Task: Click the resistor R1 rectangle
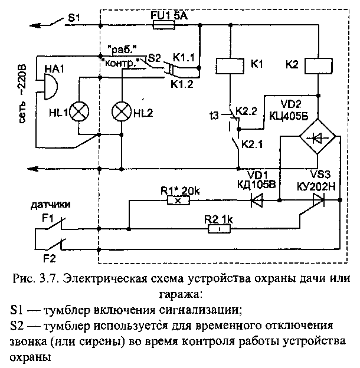(x=178, y=201)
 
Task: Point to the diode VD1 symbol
(x=257, y=201)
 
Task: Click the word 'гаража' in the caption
(x=177, y=292)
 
